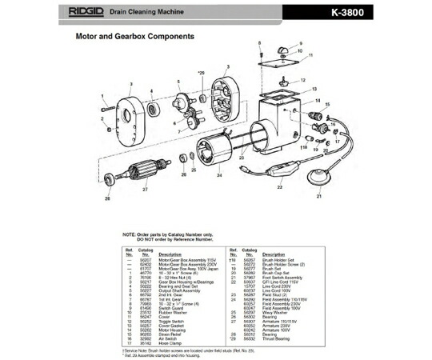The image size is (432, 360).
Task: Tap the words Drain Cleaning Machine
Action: coord(166,13)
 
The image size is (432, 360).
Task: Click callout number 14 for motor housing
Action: coord(317,102)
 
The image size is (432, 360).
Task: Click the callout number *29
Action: coord(201,73)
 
